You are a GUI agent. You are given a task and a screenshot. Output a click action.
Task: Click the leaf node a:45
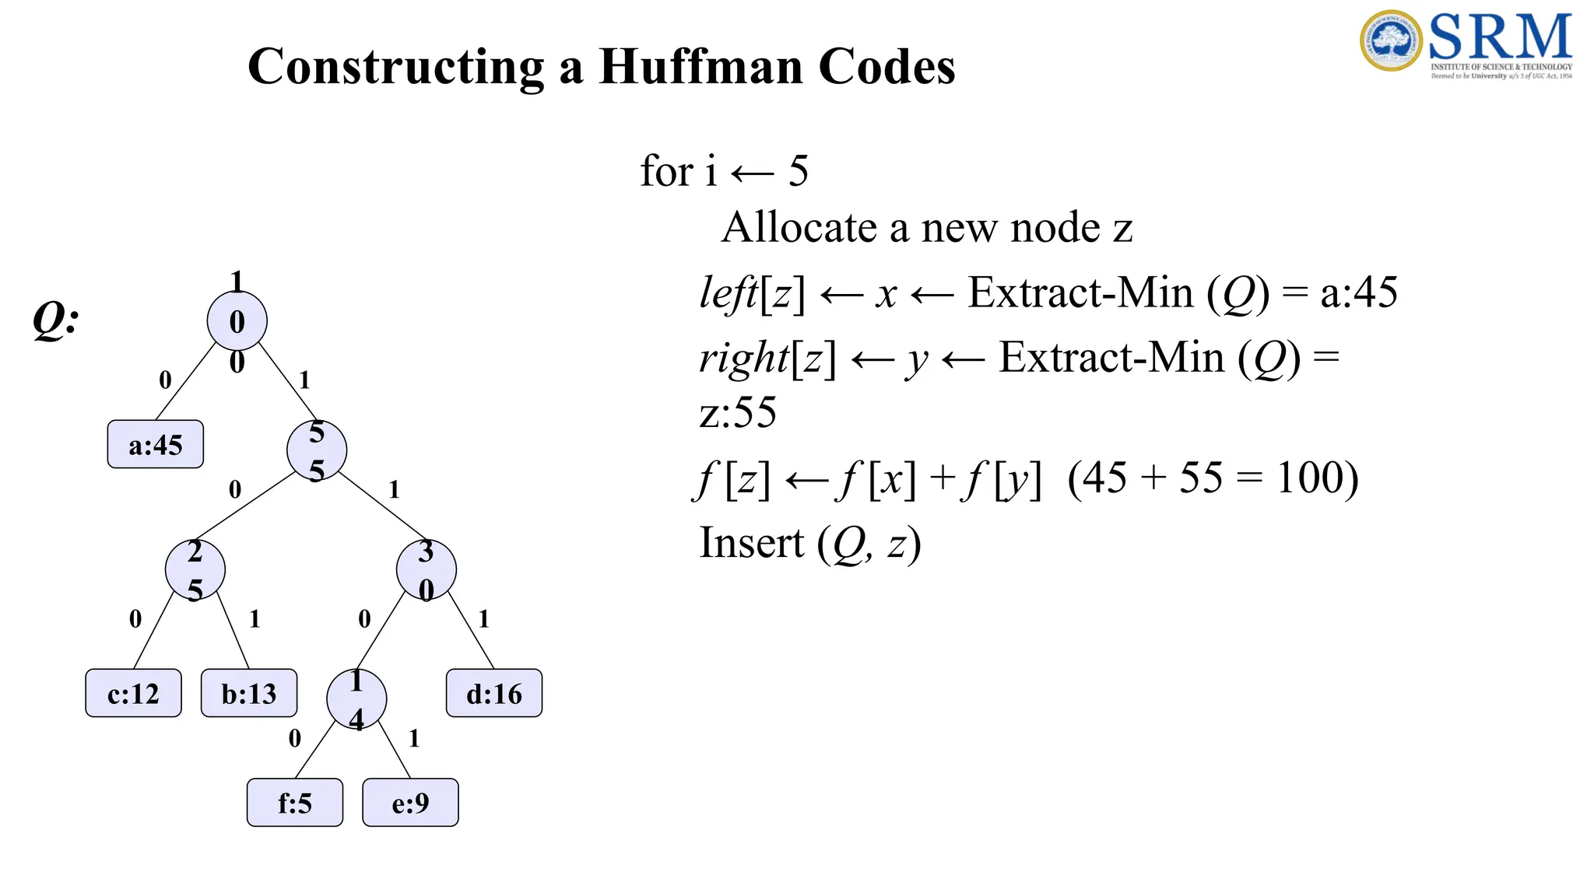tap(156, 444)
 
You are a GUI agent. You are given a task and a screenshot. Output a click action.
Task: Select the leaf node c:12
tap(133, 693)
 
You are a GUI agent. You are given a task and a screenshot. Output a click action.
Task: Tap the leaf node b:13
tap(249, 693)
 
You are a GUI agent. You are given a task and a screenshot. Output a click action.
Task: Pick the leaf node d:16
tap(494, 693)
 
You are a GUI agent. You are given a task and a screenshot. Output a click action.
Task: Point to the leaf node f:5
tap(295, 803)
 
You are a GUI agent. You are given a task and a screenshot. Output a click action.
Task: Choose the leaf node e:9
tap(410, 803)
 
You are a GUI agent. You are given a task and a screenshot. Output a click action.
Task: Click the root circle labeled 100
tap(237, 321)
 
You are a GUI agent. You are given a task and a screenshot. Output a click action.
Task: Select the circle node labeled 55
tap(317, 450)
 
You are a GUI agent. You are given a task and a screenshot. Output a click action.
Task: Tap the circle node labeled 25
tap(195, 570)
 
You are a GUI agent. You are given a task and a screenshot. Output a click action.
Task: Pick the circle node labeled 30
tap(427, 570)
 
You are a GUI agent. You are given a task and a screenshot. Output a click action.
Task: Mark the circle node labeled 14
tap(356, 699)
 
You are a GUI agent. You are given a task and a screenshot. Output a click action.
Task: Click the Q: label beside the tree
tap(55, 320)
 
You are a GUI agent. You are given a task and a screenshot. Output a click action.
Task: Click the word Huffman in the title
tap(700, 67)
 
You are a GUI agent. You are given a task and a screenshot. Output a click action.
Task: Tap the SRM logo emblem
tap(1392, 40)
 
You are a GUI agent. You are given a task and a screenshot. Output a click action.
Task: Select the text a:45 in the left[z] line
tap(1359, 293)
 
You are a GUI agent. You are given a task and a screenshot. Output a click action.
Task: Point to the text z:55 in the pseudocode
tap(738, 412)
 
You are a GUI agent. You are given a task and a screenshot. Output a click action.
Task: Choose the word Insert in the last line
tap(751, 543)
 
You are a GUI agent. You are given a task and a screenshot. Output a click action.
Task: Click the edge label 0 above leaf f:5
tap(294, 738)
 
